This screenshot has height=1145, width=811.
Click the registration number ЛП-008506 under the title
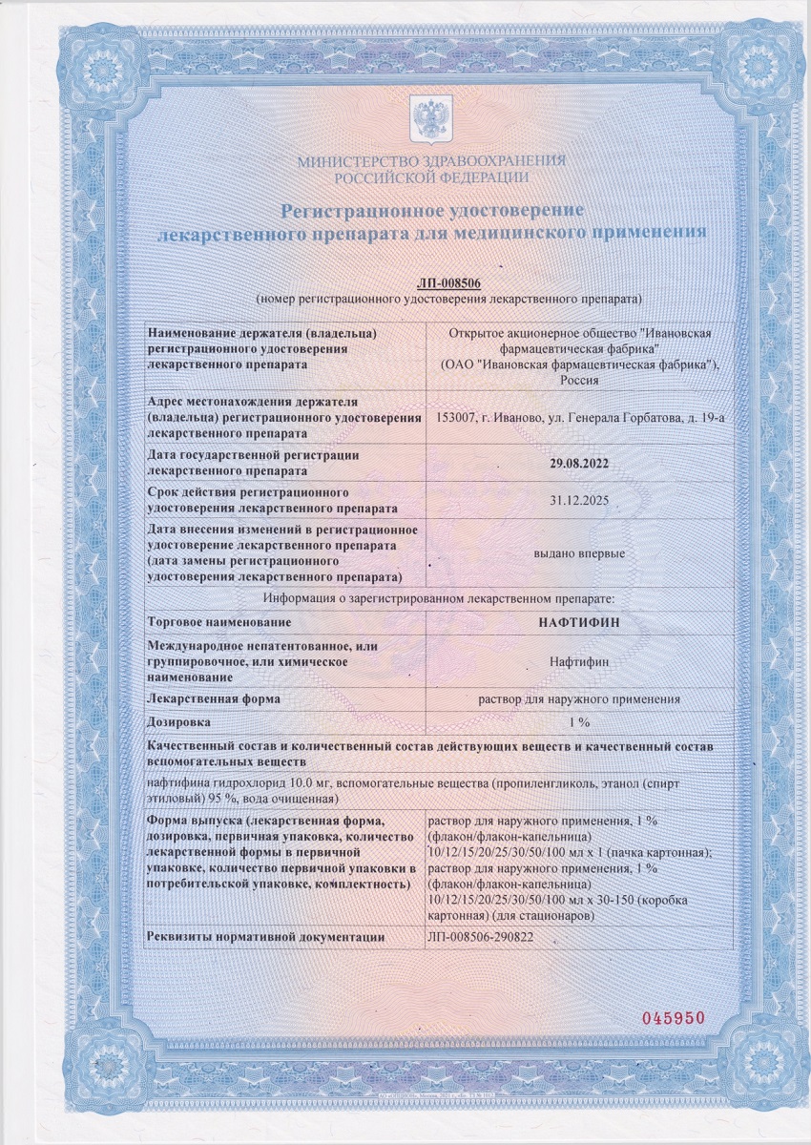448,283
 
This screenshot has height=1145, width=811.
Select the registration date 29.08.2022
580,462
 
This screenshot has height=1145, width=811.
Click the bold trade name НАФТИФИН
580,621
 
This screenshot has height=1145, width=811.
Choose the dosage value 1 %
580,722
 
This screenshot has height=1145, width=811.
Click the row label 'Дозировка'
180,722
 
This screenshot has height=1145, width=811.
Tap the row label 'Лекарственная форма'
214,698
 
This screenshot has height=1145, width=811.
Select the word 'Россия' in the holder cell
580,379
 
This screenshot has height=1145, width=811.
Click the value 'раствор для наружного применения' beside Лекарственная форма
580,698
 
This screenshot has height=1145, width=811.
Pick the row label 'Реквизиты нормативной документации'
265,937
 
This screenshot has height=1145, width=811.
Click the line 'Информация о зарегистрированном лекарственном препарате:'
430,598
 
